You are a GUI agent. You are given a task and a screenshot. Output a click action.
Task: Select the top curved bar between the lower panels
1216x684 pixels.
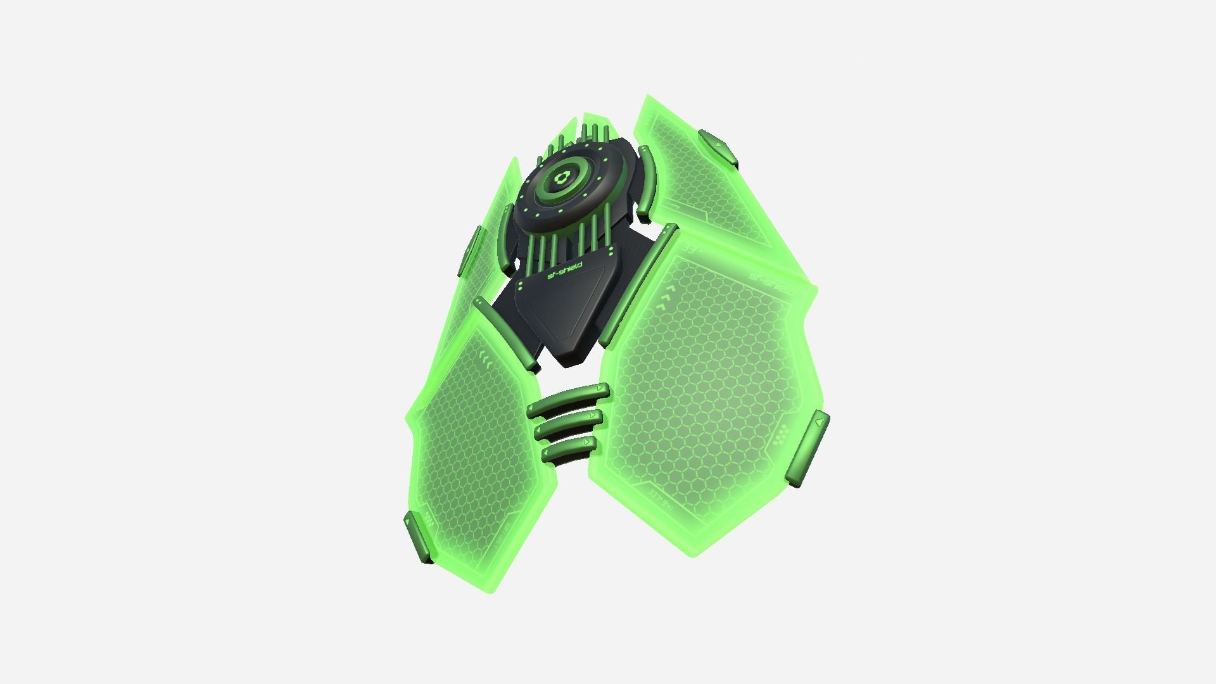click(x=569, y=398)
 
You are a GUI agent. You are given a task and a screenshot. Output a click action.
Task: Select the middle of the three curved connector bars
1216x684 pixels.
click(x=569, y=424)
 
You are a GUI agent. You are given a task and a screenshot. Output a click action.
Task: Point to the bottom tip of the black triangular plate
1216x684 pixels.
click(x=570, y=364)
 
